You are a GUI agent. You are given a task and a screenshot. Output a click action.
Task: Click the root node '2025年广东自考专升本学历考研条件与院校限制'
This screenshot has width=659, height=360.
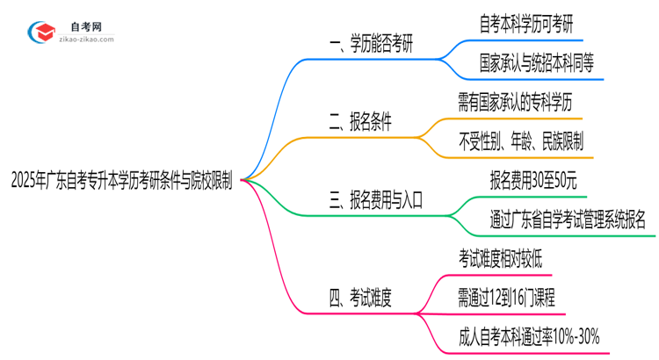point(122,180)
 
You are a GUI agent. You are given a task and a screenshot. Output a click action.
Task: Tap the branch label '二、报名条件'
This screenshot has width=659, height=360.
point(360,123)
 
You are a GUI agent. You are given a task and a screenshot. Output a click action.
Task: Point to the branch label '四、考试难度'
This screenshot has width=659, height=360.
point(360,298)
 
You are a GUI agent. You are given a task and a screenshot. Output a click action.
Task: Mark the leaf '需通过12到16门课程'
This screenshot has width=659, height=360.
point(506,297)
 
